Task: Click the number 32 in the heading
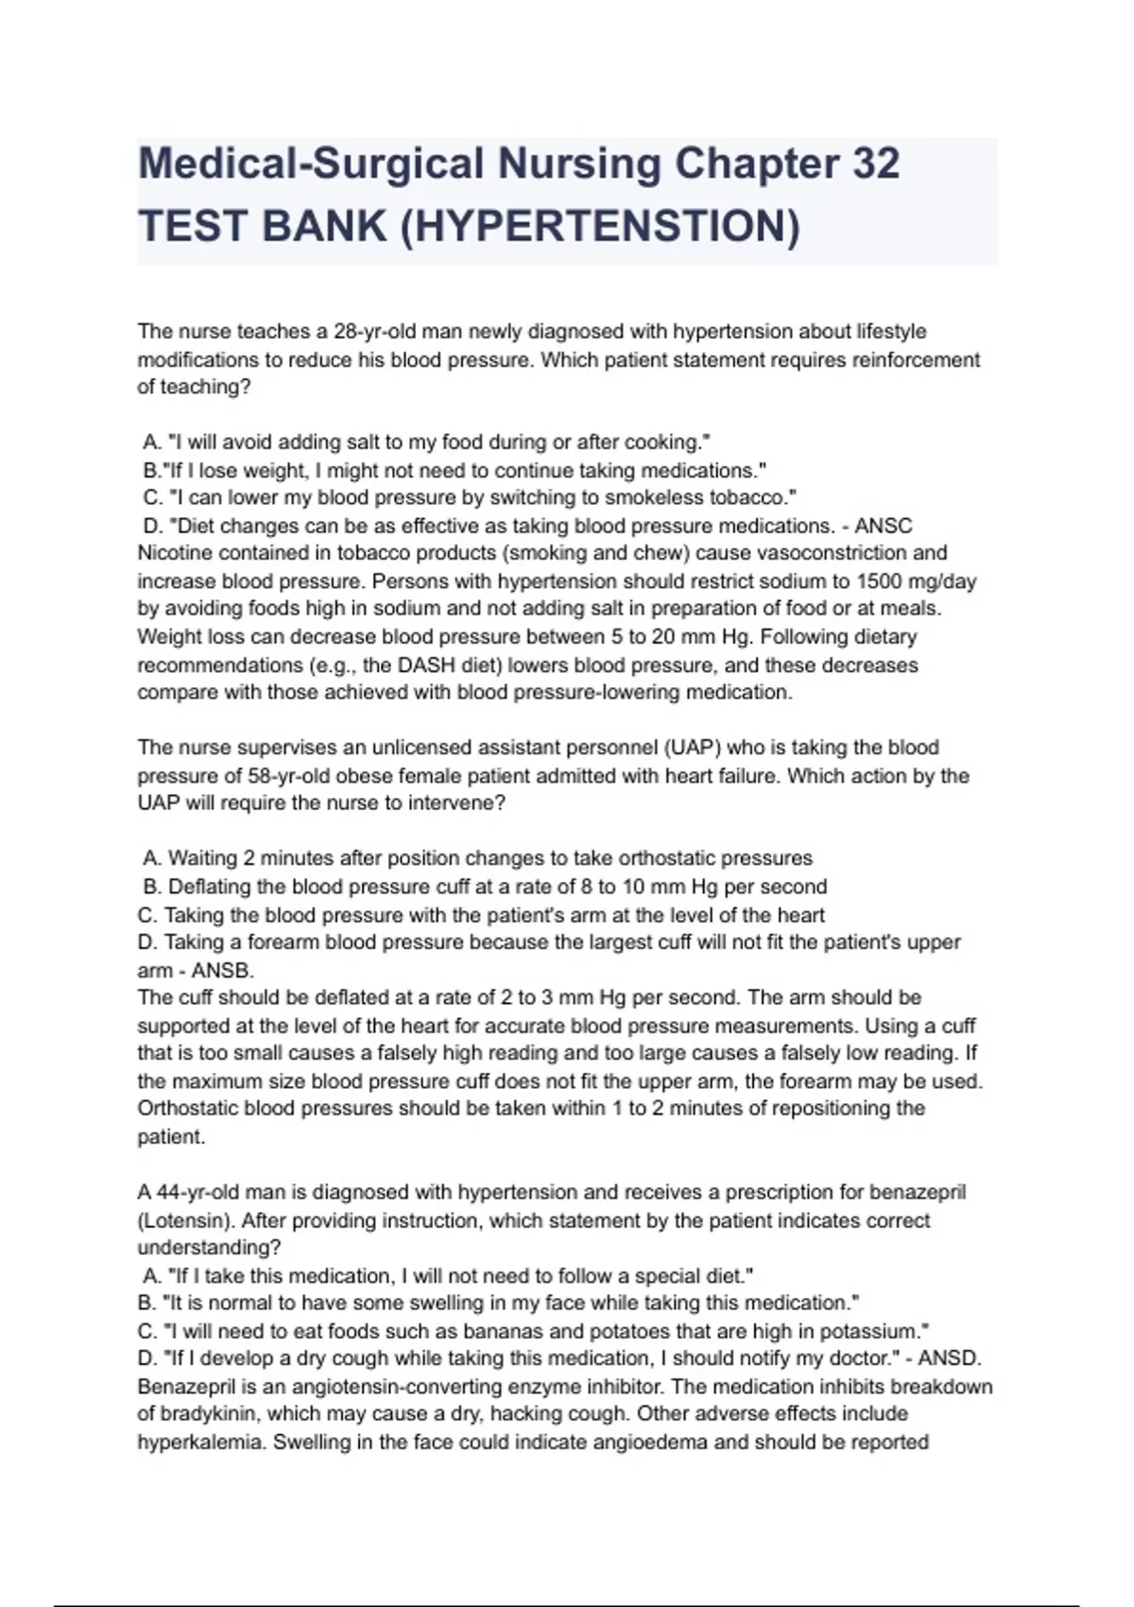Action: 875,164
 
